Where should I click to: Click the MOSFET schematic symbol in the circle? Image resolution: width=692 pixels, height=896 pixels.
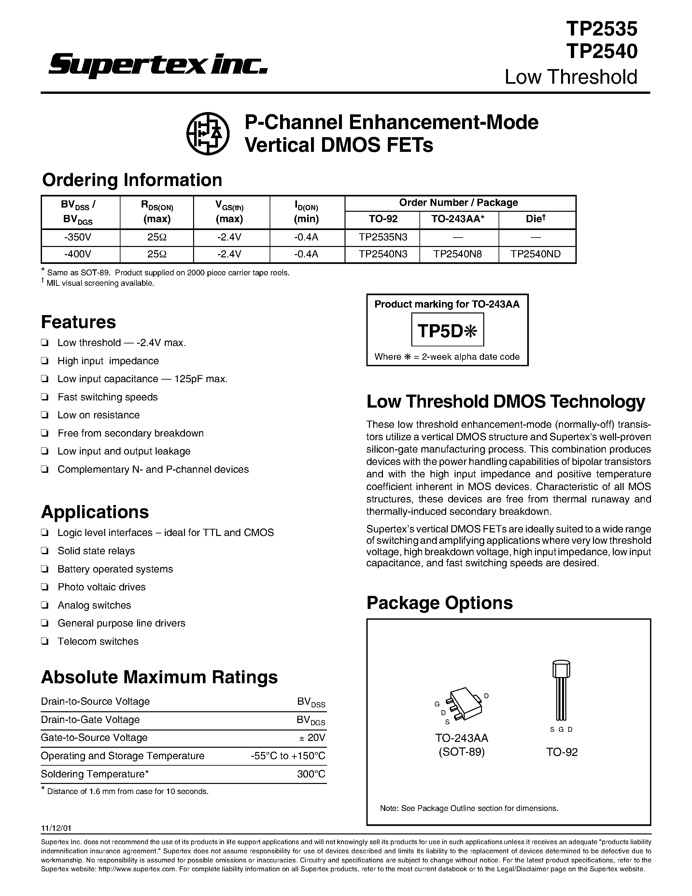208,133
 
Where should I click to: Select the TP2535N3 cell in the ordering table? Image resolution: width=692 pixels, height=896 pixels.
383,237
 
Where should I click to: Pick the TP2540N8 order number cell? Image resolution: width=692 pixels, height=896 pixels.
459,254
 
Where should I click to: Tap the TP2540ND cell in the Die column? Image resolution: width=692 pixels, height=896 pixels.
537,254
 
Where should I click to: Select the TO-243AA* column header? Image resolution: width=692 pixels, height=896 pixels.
459,219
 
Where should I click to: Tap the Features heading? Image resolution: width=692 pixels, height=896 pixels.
78,322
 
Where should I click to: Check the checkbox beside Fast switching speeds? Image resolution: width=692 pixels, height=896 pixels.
45,397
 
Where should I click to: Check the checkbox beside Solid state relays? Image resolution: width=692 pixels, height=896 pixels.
45,551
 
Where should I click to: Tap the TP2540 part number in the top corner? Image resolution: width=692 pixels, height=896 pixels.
601,52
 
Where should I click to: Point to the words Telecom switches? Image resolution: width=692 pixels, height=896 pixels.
98,642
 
